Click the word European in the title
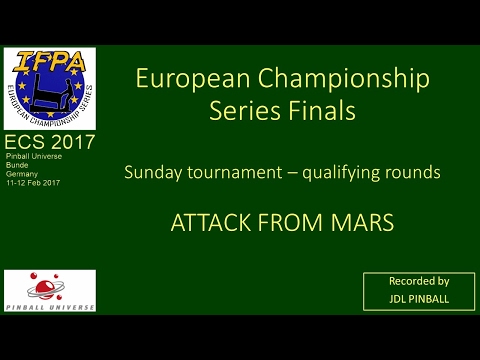point(179,79)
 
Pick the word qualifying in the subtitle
point(347,172)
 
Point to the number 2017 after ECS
point(72,142)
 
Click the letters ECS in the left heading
point(25,142)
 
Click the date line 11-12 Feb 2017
point(32,183)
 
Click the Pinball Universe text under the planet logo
point(49,305)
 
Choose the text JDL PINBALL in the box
point(418,298)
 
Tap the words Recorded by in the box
point(418,281)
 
